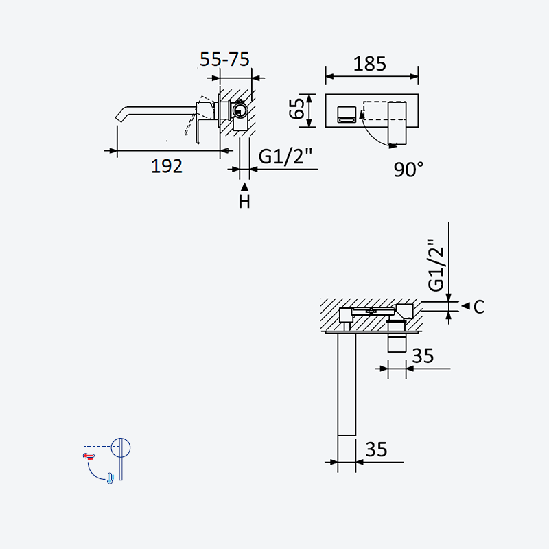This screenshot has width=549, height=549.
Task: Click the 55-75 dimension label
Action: (x=224, y=59)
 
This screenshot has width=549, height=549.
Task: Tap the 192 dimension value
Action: (x=167, y=166)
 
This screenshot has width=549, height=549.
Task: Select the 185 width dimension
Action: (x=370, y=64)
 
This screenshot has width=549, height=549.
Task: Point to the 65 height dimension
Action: (x=297, y=108)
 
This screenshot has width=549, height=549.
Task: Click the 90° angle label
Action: (x=408, y=170)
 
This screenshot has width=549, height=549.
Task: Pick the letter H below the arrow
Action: (x=244, y=202)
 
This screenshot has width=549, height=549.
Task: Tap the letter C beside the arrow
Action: (x=478, y=307)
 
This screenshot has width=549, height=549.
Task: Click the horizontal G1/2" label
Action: (x=285, y=156)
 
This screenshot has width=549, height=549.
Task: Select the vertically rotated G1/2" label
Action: (x=436, y=265)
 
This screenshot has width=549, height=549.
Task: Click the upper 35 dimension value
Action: (x=423, y=355)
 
